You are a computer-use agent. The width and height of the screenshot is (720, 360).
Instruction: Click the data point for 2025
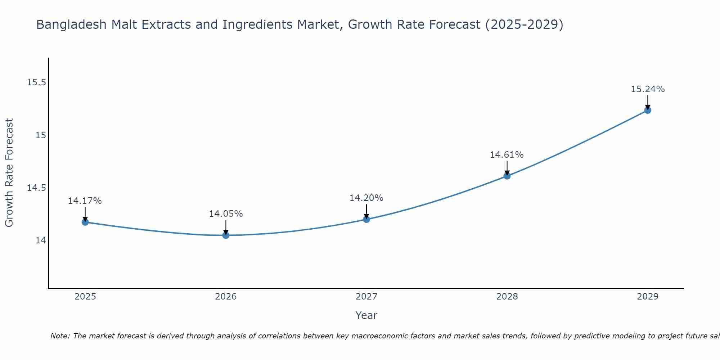pyautogui.click(x=85, y=222)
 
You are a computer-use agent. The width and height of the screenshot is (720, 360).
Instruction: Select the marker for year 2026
pyautogui.click(x=226, y=235)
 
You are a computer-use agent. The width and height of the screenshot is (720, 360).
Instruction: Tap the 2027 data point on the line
pyautogui.click(x=366, y=219)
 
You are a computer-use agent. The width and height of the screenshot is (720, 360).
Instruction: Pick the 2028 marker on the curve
pyautogui.click(x=507, y=176)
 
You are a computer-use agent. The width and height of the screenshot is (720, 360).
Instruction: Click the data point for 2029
pyautogui.click(x=648, y=110)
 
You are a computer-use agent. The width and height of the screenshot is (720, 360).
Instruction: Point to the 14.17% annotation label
pyautogui.click(x=85, y=201)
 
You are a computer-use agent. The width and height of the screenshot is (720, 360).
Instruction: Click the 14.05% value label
pyautogui.click(x=226, y=214)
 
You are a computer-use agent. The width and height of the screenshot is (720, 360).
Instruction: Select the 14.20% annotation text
pyautogui.click(x=366, y=198)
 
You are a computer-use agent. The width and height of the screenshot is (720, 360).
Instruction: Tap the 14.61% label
pyautogui.click(x=507, y=155)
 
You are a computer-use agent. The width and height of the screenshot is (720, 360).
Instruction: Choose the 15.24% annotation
pyautogui.click(x=648, y=89)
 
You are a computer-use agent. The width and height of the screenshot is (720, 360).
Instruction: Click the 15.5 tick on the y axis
pyautogui.click(x=36, y=82)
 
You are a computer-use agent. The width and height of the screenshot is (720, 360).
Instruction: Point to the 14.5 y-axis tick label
pyautogui.click(x=36, y=188)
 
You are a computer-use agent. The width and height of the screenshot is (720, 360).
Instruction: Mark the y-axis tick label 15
pyautogui.click(x=41, y=135)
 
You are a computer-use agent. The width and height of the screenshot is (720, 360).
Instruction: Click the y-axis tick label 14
pyautogui.click(x=41, y=240)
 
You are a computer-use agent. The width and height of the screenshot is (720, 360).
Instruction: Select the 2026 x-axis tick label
pyautogui.click(x=226, y=297)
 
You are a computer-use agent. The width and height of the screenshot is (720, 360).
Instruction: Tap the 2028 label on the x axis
pyautogui.click(x=507, y=297)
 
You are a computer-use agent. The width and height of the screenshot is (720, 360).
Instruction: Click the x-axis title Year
pyautogui.click(x=366, y=315)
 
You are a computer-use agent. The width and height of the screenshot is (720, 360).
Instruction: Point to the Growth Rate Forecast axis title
pyautogui.click(x=9, y=173)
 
